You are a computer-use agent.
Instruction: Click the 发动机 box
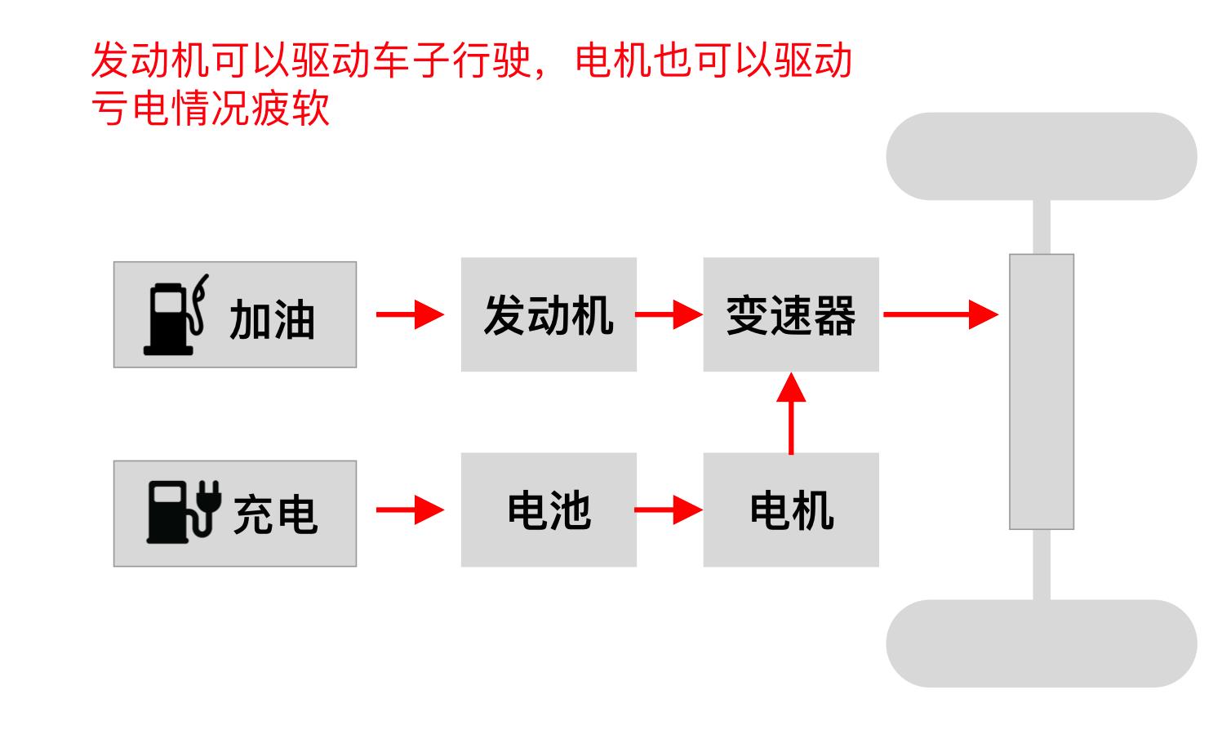[549, 315]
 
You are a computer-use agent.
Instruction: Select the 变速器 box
[791, 315]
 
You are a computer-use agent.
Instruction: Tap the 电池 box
[549, 510]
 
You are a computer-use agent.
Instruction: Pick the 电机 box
[791, 510]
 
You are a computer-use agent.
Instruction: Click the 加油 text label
[272, 319]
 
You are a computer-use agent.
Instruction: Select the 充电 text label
[275, 514]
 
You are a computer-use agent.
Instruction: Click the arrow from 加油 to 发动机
[409, 314]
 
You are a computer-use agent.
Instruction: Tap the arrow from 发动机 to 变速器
[669, 314]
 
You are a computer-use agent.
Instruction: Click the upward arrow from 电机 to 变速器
[791, 413]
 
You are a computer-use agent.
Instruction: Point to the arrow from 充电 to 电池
[409, 510]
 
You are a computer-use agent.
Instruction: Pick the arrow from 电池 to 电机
[669, 510]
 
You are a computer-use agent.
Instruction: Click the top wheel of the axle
[1041, 156]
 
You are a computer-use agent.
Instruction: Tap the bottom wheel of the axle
[1041, 643]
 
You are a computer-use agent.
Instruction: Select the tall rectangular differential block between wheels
[1041, 392]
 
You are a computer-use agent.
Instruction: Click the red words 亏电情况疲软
[211, 107]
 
